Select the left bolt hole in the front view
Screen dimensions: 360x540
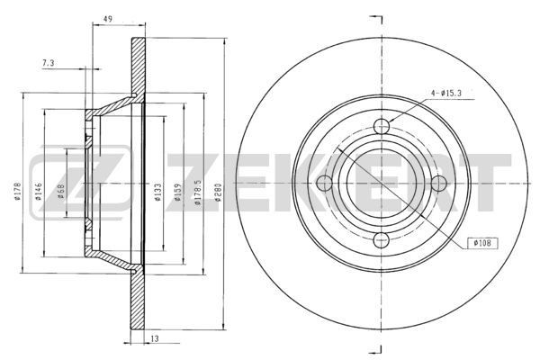click(x=326, y=184)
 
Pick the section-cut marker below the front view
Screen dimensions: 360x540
click(x=378, y=348)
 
